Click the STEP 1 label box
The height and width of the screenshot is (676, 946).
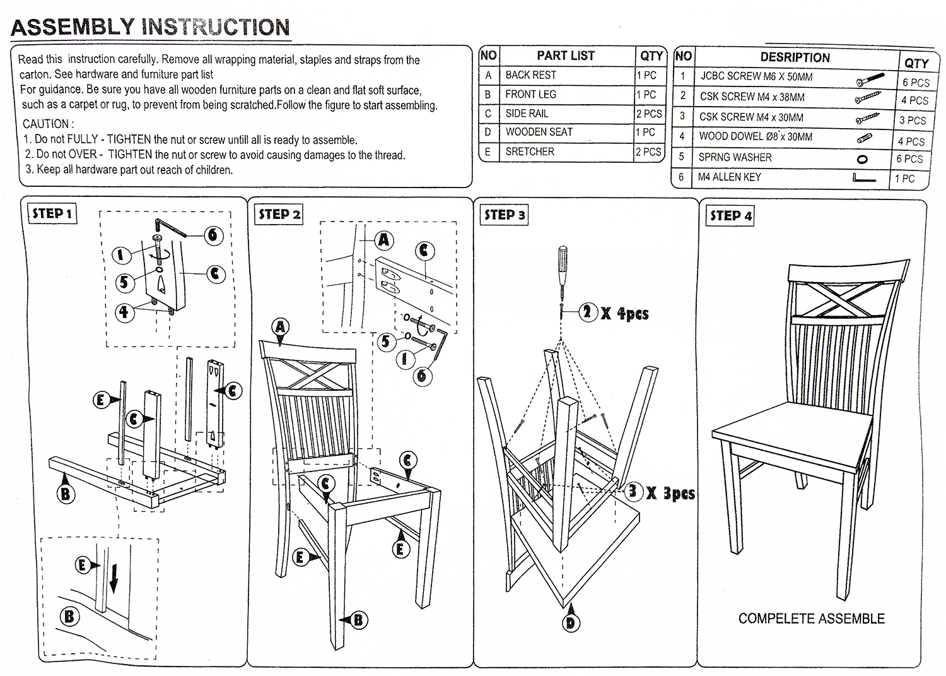54,213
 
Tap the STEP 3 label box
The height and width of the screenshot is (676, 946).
505,215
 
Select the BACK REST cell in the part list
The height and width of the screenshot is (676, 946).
531,75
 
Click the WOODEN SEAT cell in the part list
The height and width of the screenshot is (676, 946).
539,132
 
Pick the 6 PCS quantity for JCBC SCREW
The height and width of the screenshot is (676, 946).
915,82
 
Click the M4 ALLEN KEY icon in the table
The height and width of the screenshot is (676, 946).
863,179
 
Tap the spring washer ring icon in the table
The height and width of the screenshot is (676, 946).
862,159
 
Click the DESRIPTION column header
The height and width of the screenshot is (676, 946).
795,57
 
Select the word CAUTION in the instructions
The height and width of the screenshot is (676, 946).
48,124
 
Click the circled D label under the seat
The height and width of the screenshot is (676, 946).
570,624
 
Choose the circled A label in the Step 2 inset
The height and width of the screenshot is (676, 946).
384,240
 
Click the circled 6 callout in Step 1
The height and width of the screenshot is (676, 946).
213,235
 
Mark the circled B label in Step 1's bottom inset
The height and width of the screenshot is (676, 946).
69,616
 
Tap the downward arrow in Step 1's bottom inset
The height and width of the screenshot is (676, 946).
114,578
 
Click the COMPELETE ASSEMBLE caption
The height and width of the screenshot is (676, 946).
811,619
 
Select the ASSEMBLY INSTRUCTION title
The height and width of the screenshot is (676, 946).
150,27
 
